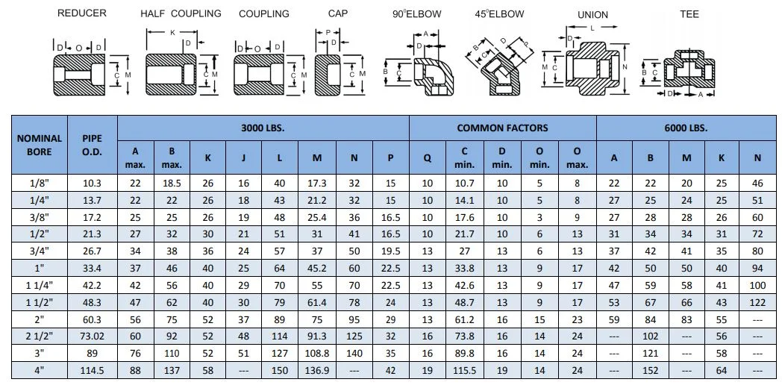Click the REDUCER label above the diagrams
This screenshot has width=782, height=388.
(81, 13)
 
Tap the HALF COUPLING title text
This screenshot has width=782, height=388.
(181, 13)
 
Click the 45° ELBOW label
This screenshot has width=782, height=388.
(499, 14)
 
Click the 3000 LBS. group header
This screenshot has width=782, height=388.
(263, 128)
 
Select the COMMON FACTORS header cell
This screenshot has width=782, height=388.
(502, 128)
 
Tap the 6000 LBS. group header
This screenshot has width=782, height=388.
(686, 128)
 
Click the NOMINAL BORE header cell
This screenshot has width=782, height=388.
(40, 145)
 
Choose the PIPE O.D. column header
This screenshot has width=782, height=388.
(93, 145)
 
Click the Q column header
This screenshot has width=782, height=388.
(428, 157)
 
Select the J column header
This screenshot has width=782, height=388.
(244, 157)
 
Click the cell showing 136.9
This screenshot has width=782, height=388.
(317, 369)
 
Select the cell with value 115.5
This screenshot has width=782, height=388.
(466, 369)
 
